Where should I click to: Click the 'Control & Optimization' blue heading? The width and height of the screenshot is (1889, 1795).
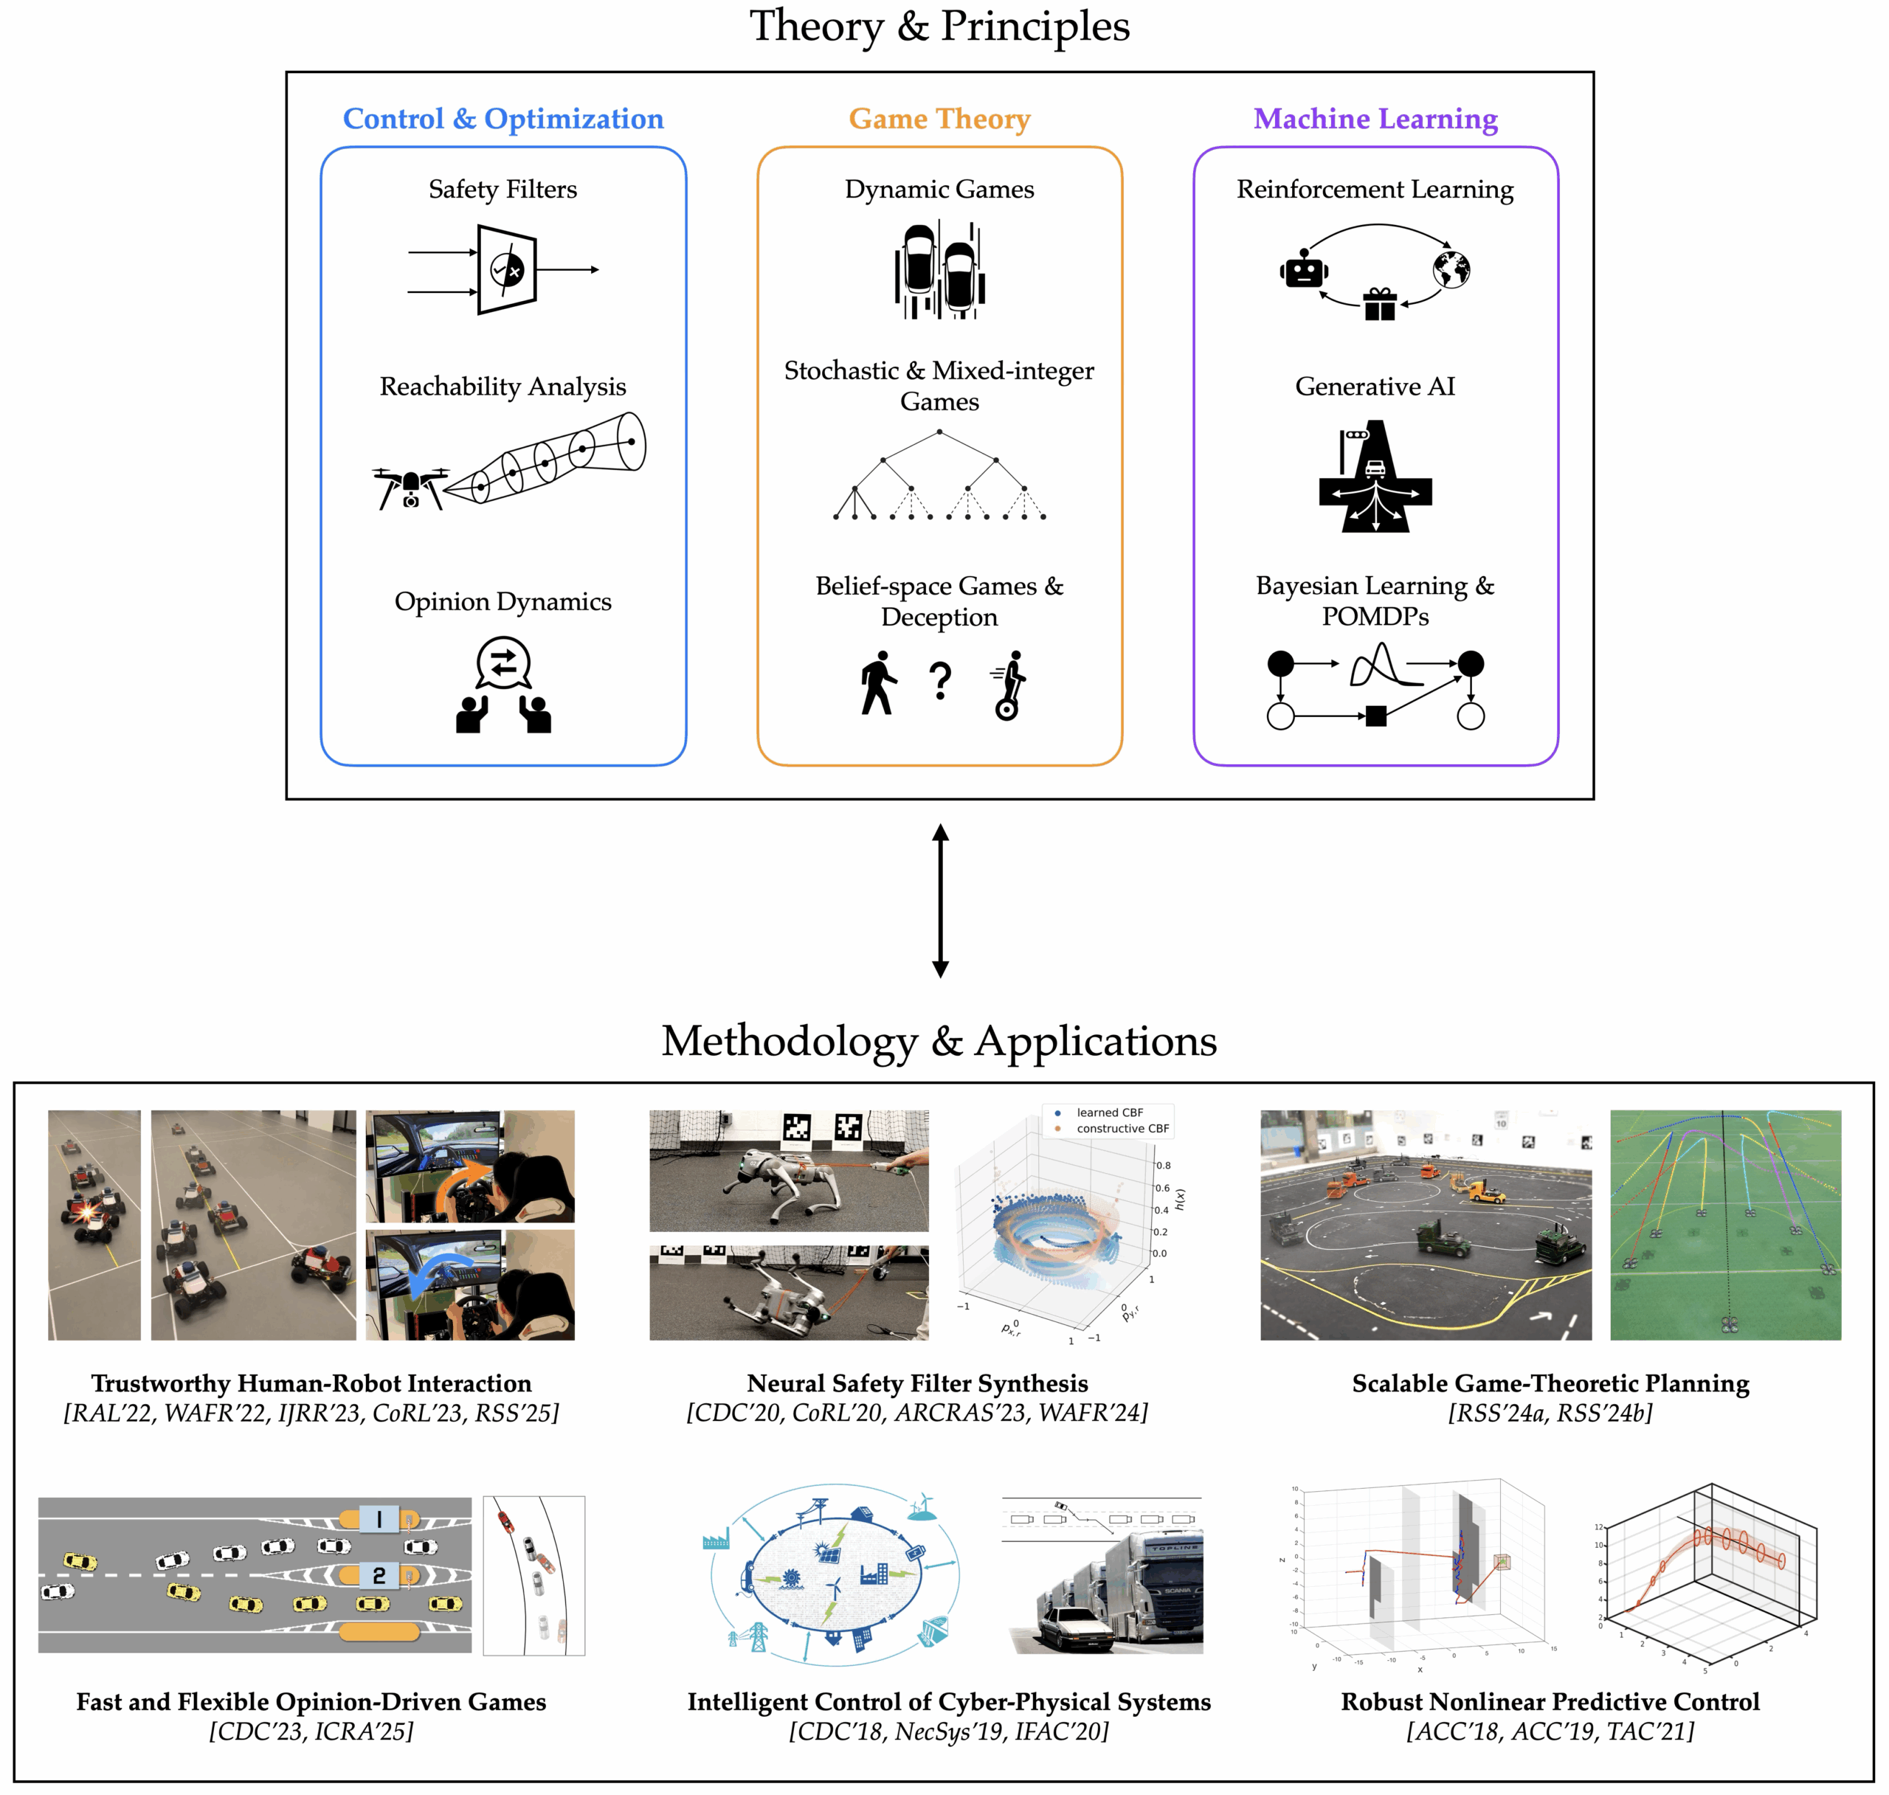(x=503, y=119)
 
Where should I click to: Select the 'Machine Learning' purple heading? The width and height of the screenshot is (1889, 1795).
(x=1375, y=119)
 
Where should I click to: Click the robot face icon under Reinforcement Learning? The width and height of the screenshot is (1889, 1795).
(x=1303, y=271)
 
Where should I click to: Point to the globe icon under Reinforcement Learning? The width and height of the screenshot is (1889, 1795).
(x=1451, y=270)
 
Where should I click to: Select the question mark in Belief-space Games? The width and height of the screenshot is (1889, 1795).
(x=940, y=681)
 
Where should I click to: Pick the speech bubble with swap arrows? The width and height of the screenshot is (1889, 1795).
(x=503, y=662)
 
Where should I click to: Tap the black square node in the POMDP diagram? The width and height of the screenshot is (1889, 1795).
(x=1375, y=716)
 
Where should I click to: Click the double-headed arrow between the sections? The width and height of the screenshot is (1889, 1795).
(x=940, y=900)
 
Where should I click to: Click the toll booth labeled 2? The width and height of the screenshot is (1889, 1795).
(x=379, y=1575)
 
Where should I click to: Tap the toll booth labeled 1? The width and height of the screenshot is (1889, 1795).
(x=379, y=1518)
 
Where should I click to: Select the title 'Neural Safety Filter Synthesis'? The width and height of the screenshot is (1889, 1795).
(x=916, y=1383)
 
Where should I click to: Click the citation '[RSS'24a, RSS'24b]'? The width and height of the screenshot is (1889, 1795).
(x=1550, y=1414)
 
